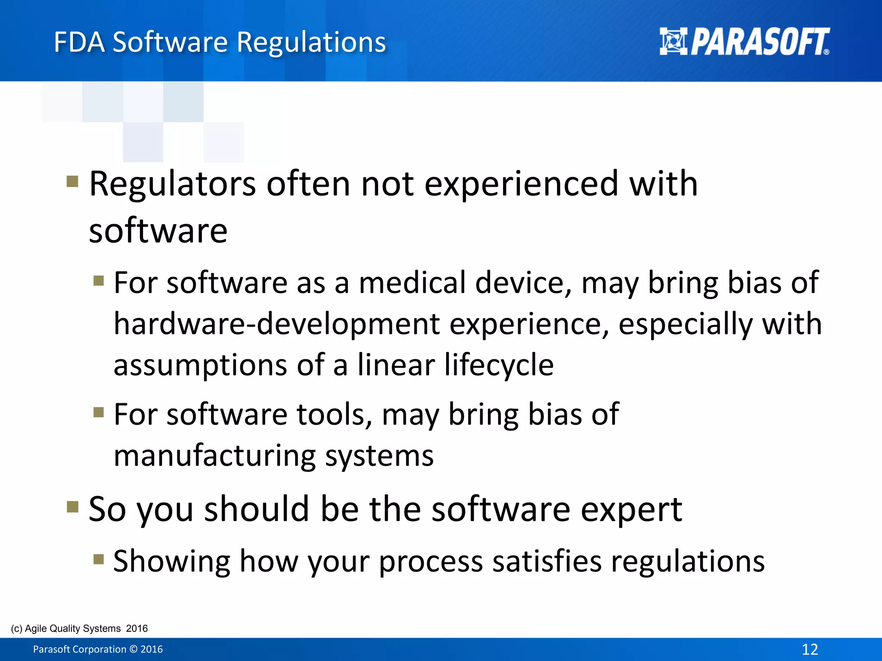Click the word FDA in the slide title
click(x=79, y=42)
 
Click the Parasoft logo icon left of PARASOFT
click(x=673, y=41)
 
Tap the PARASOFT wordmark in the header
click(x=760, y=42)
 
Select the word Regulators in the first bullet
click(x=172, y=184)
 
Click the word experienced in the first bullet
click(x=521, y=184)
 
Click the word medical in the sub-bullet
click(x=412, y=283)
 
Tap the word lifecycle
click(x=499, y=364)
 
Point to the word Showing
click(x=172, y=561)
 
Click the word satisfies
click(x=547, y=561)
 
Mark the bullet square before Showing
click(x=99, y=559)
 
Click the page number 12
click(x=810, y=649)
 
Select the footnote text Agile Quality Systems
click(x=73, y=628)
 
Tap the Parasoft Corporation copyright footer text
click(x=98, y=649)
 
